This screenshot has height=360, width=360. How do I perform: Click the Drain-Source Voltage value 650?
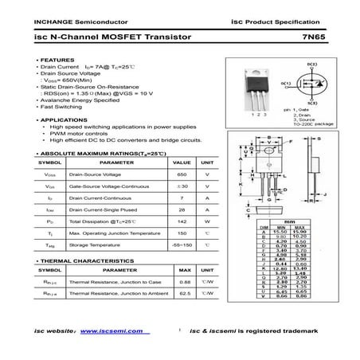click(x=182, y=173)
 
